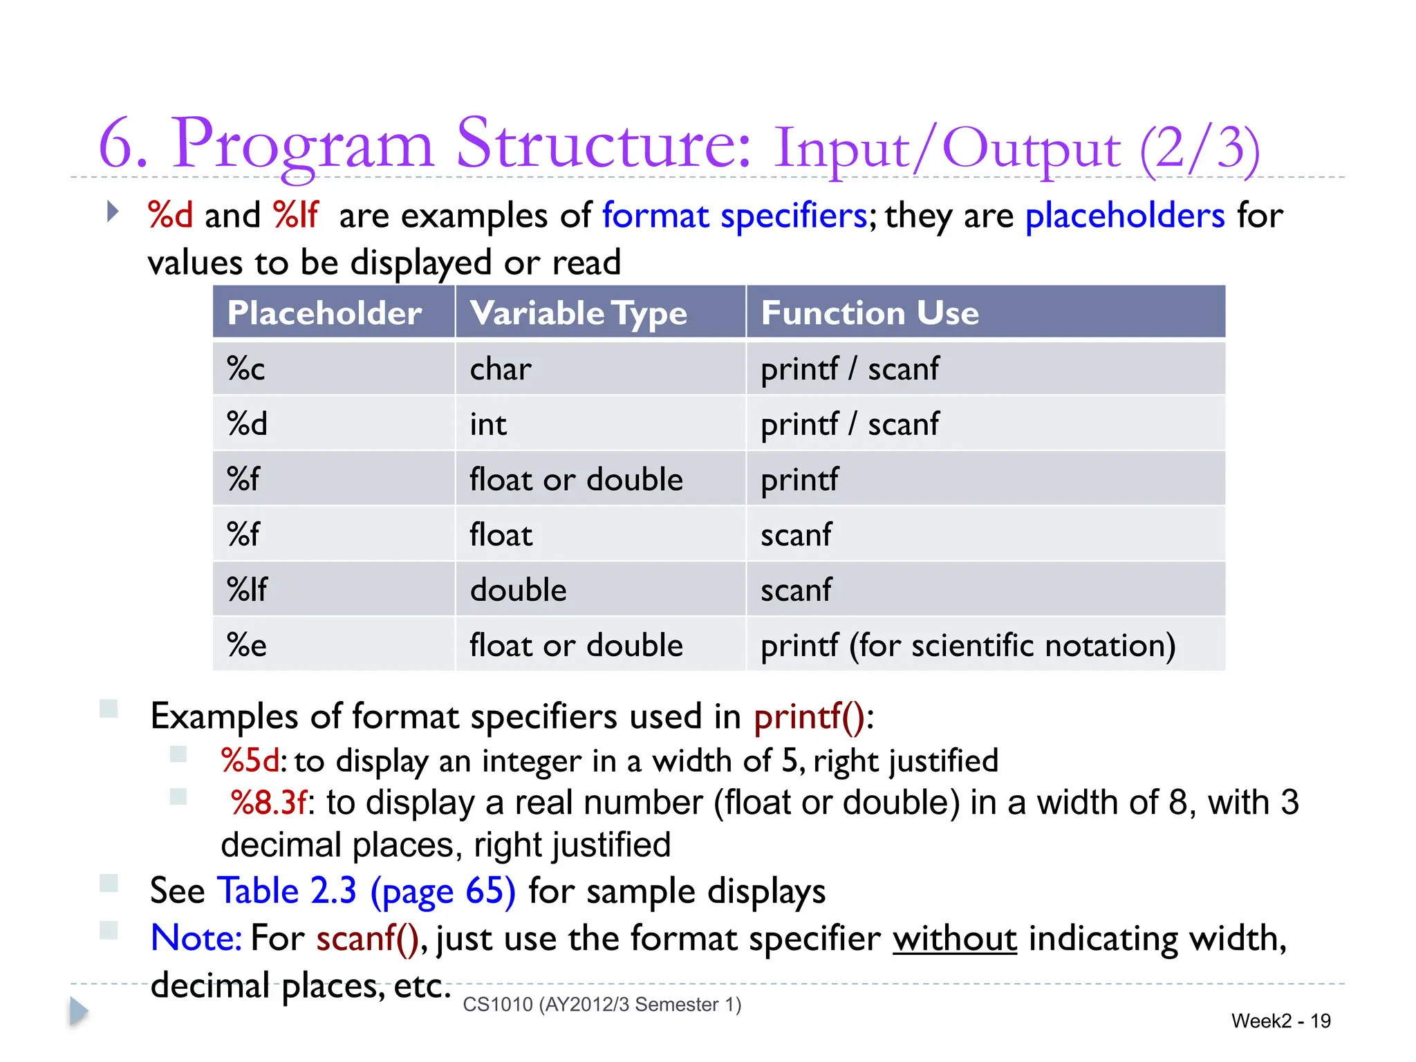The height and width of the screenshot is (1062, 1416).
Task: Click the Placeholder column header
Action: [324, 313]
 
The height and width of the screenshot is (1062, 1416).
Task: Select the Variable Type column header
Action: [579, 313]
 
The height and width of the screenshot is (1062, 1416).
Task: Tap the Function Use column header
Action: [870, 313]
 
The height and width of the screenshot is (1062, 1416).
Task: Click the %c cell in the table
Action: [246, 369]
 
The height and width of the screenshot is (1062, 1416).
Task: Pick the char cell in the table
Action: [501, 369]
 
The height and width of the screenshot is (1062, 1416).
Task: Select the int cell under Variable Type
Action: [488, 425]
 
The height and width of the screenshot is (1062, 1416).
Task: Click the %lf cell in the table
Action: [247, 590]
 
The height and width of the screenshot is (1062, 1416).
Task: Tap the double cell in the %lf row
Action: [518, 590]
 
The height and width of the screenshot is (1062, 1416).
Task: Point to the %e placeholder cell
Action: [247, 646]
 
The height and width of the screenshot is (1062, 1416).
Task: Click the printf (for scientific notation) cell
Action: [968, 646]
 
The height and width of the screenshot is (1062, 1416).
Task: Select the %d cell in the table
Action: [247, 425]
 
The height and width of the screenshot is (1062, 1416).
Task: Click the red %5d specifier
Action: [250, 761]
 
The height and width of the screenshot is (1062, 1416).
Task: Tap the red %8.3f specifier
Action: [268, 803]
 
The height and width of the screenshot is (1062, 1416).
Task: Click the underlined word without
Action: [954, 939]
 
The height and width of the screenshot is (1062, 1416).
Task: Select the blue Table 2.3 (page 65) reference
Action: [366, 891]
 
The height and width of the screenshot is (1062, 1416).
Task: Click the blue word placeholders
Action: [1125, 216]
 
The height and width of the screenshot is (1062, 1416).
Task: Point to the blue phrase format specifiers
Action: [734, 216]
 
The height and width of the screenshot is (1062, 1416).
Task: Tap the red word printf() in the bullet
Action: [809, 716]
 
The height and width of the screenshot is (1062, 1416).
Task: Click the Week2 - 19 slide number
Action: [1280, 1021]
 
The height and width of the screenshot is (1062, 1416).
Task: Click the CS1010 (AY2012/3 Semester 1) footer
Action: [602, 1005]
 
